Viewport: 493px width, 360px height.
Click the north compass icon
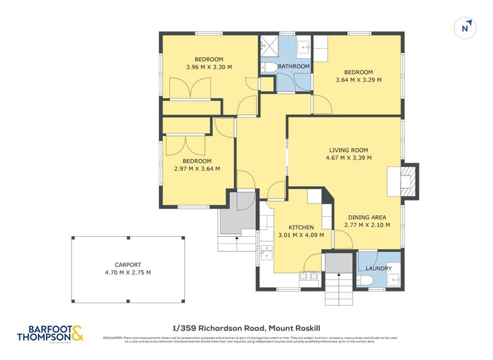(x=467, y=28)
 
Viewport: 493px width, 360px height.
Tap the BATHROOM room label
(x=293, y=66)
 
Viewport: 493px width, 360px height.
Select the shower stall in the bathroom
(x=268, y=45)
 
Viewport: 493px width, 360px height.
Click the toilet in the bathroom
(x=269, y=67)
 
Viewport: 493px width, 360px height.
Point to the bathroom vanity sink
(x=304, y=46)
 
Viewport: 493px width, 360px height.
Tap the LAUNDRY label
(x=378, y=268)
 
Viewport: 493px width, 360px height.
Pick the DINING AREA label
(x=367, y=217)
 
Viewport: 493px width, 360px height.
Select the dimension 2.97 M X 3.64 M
(x=197, y=168)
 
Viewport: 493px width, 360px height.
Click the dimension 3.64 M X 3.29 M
(x=358, y=80)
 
